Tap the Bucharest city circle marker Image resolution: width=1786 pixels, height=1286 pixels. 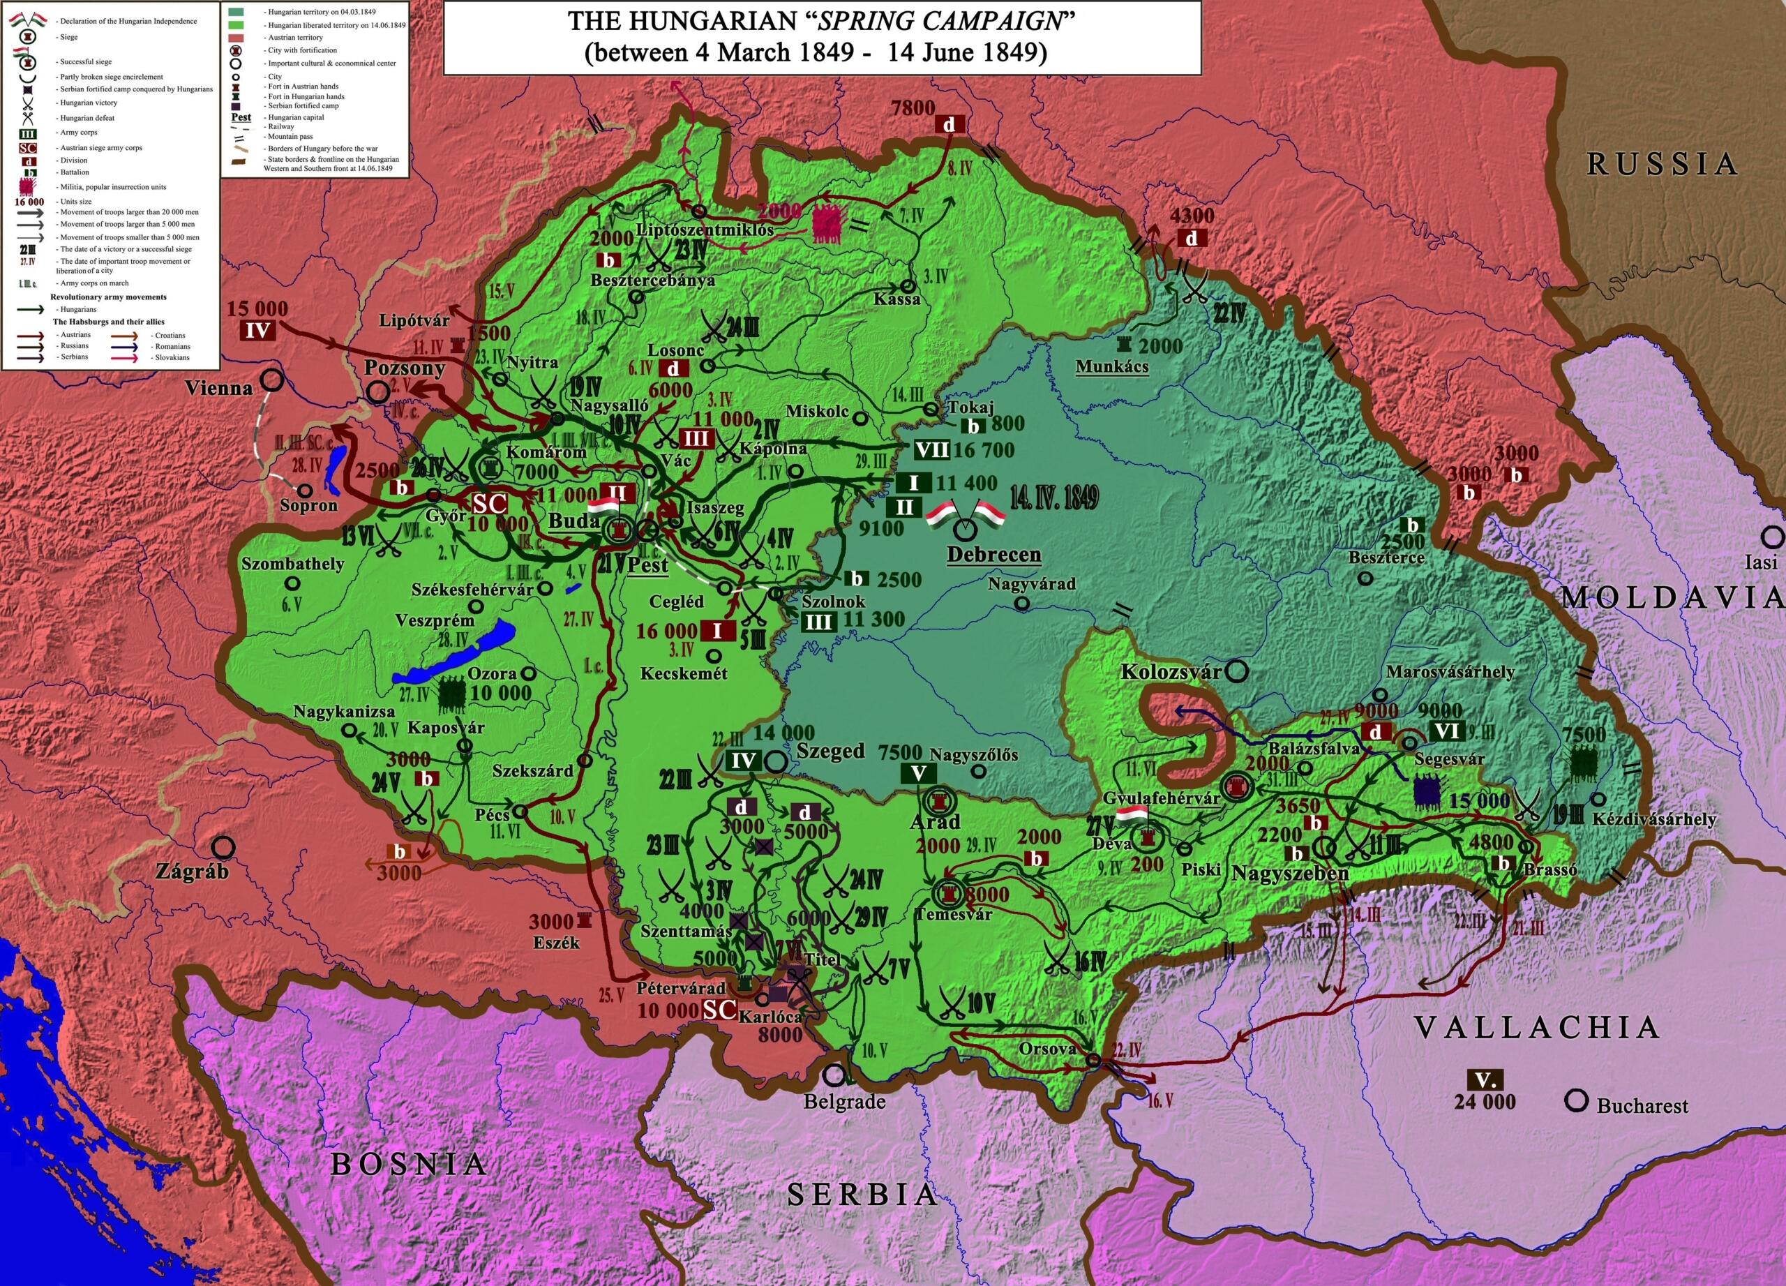point(1577,1101)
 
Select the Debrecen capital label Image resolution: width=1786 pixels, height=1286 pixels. point(993,555)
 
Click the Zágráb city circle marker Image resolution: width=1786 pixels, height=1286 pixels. point(225,847)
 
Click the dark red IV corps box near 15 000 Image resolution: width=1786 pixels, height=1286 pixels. point(257,331)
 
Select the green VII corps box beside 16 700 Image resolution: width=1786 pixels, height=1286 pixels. point(931,451)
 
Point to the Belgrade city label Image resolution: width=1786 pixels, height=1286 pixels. point(844,1102)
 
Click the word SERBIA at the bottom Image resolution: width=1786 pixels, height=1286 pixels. point(863,1195)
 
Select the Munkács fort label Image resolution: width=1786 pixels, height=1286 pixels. point(1111,366)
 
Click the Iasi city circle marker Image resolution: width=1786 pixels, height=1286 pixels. point(1773,538)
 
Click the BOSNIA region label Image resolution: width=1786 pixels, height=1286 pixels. point(408,1164)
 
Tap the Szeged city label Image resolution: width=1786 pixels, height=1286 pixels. point(830,751)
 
